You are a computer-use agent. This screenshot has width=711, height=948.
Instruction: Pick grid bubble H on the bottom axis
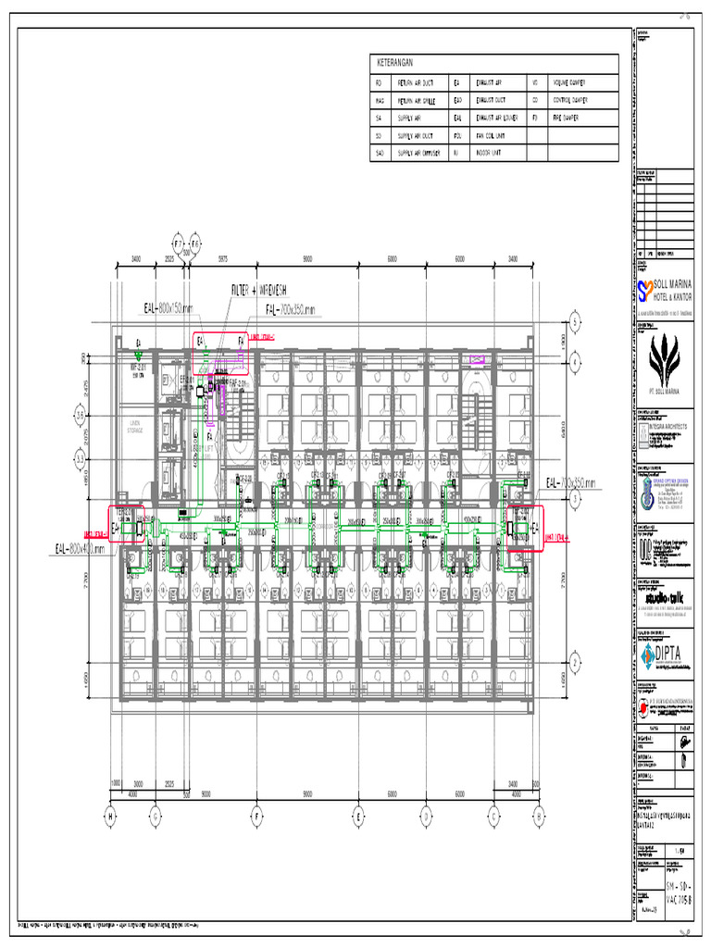click(110, 817)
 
